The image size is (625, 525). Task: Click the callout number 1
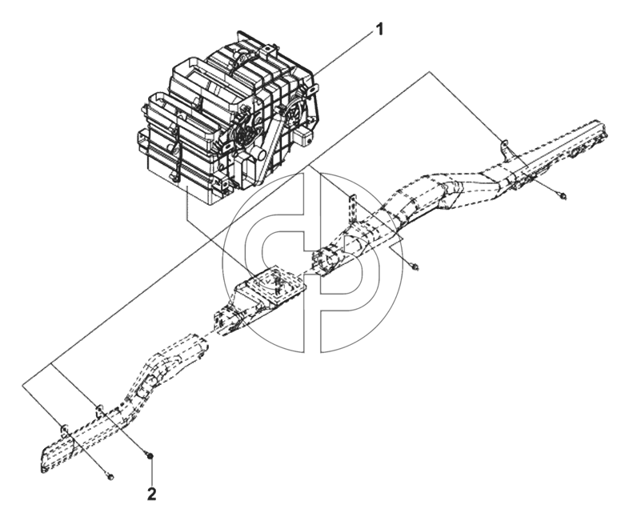tap(379, 30)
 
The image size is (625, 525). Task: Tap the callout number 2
tap(151, 495)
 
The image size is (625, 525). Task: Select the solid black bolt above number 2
tap(150, 455)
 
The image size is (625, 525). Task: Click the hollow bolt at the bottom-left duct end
tap(110, 475)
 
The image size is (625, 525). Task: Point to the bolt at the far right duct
tap(563, 195)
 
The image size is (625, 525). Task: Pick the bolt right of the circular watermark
tap(415, 267)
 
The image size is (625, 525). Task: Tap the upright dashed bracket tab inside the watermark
tap(352, 210)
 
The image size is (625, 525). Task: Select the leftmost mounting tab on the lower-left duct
tap(63, 430)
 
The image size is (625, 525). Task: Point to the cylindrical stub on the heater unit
tap(259, 154)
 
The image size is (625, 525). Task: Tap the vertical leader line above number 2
tap(150, 473)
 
